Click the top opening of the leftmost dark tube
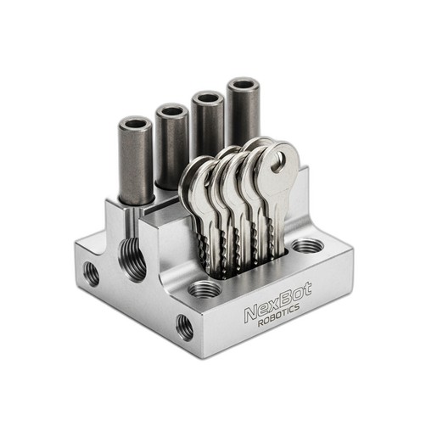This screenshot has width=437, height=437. click(x=136, y=124)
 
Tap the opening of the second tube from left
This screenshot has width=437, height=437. click(x=172, y=111)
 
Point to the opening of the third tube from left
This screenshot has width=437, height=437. click(x=208, y=98)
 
